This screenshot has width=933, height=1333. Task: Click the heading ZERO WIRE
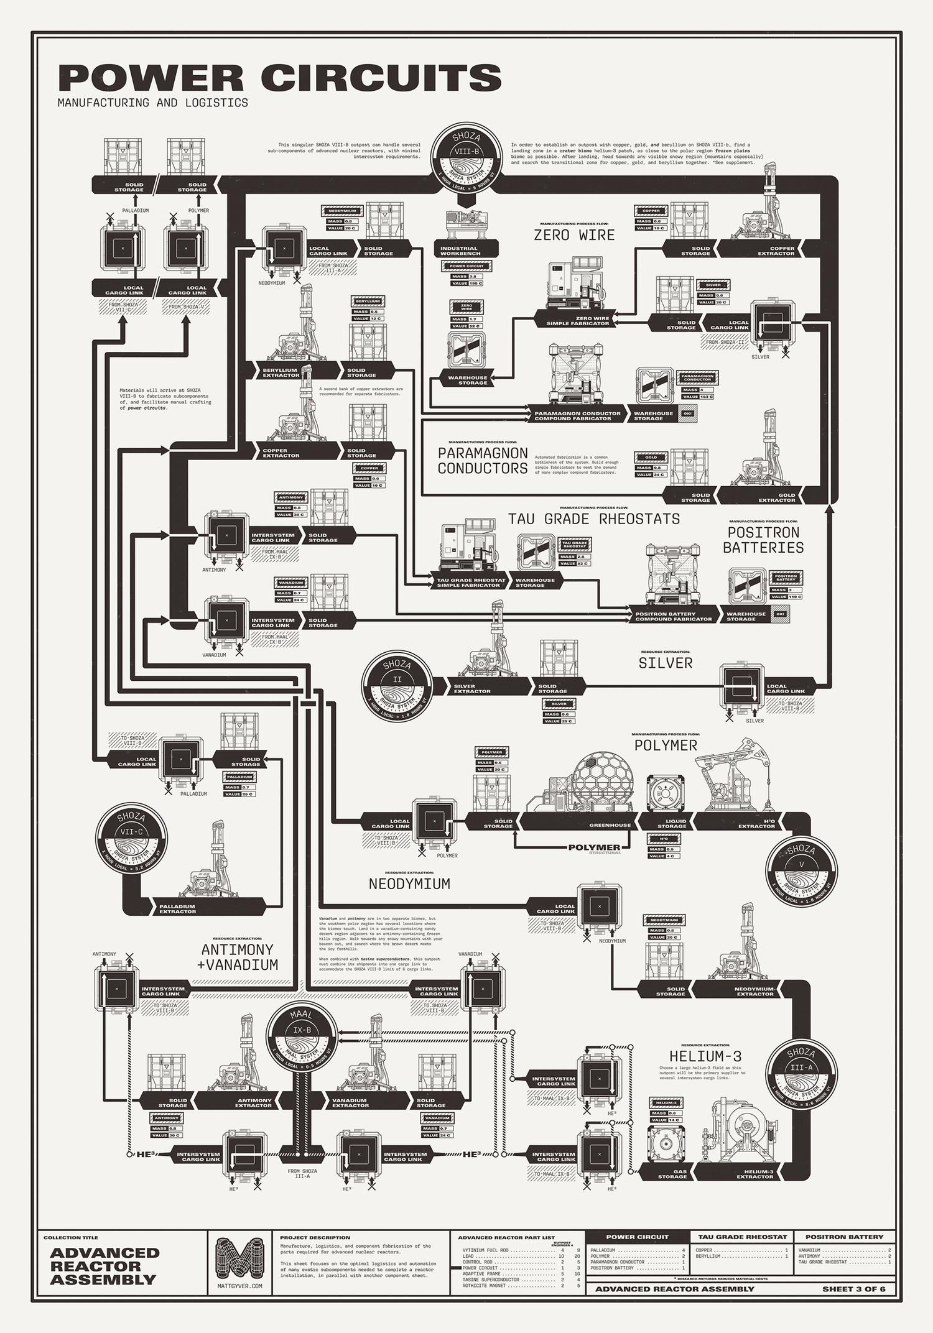(x=574, y=235)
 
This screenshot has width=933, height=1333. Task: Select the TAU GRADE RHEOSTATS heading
(x=593, y=519)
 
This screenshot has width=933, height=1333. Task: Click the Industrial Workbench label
(x=459, y=251)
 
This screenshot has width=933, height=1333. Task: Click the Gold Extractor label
(x=777, y=497)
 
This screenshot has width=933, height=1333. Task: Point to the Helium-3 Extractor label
(x=755, y=1174)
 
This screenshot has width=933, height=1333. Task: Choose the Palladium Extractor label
(x=177, y=909)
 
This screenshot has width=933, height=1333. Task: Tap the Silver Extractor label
(x=472, y=689)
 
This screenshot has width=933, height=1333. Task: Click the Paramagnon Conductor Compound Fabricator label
(x=577, y=416)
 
